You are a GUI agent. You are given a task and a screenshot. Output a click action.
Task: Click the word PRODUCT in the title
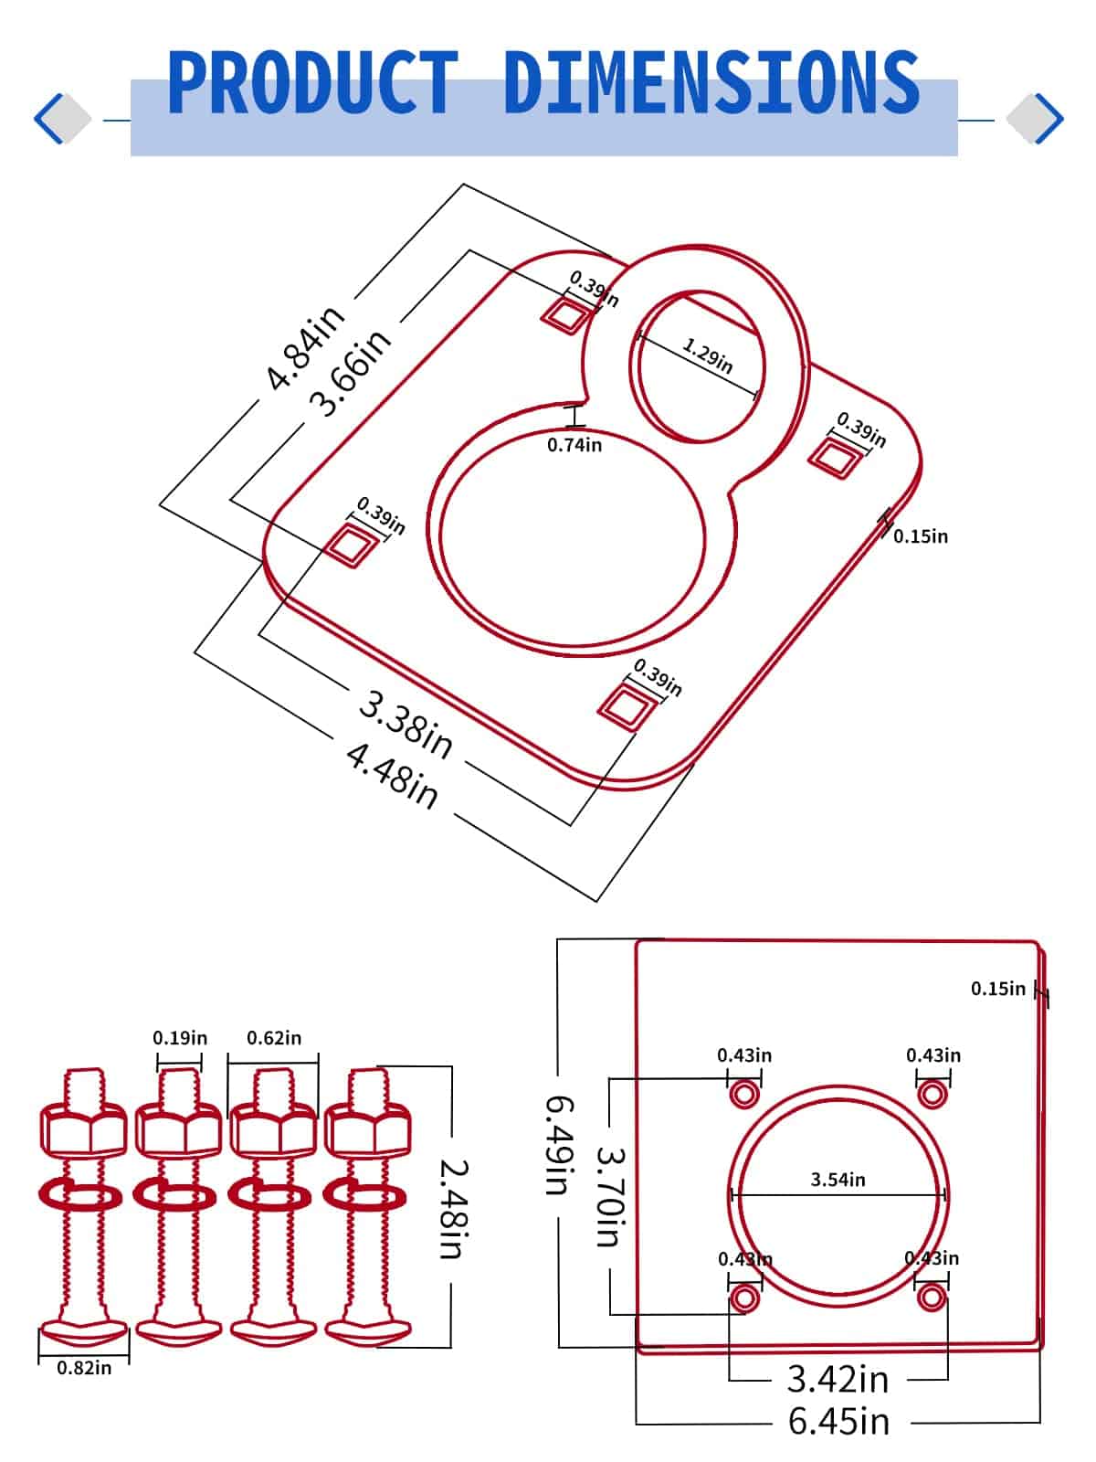coord(312,83)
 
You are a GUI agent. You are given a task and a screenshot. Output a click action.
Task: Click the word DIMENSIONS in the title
coord(711,83)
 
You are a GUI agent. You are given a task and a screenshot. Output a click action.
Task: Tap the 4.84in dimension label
coord(305,346)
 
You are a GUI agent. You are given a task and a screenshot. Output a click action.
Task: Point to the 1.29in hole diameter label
coord(708,355)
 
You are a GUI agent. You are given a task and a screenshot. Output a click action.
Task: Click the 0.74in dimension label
coord(574,445)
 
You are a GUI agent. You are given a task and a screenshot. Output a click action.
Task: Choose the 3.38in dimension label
coord(405,726)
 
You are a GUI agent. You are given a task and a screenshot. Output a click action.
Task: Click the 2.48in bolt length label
coord(454,1208)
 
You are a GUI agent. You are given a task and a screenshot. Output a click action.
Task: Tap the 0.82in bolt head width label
coord(84,1368)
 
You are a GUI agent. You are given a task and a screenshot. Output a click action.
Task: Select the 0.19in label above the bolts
coord(180,1038)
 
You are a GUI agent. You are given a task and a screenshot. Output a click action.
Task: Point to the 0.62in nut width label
coord(274,1038)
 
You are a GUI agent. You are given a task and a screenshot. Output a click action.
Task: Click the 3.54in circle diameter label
coord(838,1180)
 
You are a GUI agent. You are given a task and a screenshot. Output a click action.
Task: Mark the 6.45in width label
coord(838,1422)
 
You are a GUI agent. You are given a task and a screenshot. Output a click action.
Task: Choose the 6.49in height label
coord(560,1145)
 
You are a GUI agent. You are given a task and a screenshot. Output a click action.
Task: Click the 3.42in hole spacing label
coord(838,1379)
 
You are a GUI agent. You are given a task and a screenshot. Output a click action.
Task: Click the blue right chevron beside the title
coord(1050,119)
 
